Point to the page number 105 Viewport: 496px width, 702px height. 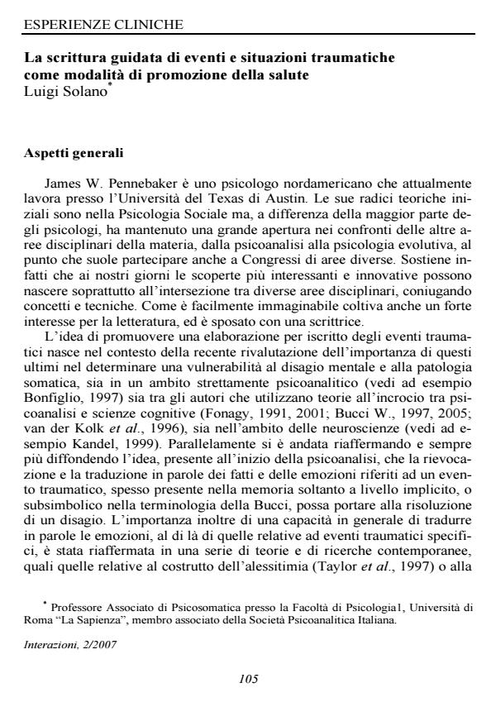[x=248, y=679]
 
